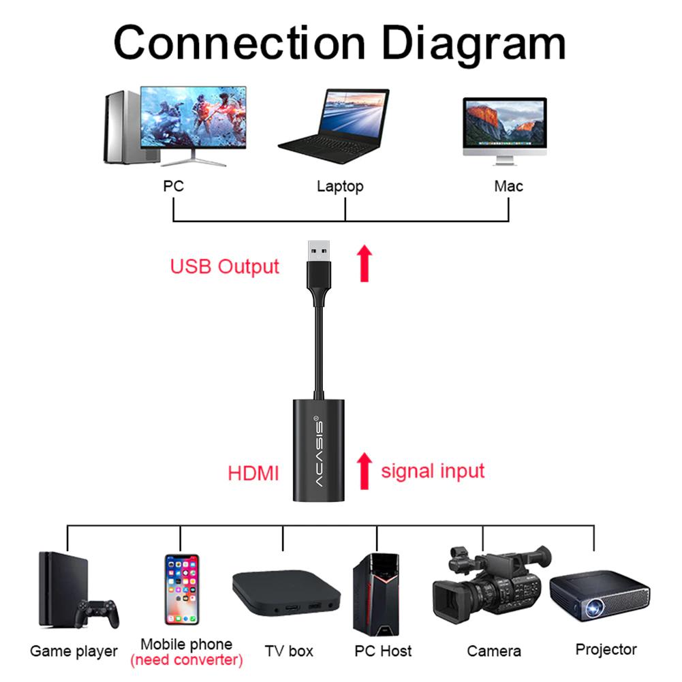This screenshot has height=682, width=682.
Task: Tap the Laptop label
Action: [340, 186]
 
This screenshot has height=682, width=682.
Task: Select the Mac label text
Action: [508, 186]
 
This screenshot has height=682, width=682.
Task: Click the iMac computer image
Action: [504, 129]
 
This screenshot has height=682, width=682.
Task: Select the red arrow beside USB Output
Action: [365, 264]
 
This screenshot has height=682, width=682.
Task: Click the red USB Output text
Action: [224, 266]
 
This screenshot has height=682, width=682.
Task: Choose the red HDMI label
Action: [253, 474]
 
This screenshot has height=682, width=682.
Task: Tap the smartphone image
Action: [181, 590]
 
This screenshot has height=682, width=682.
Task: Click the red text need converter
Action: [186, 660]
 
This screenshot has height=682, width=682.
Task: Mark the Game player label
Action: [74, 651]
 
